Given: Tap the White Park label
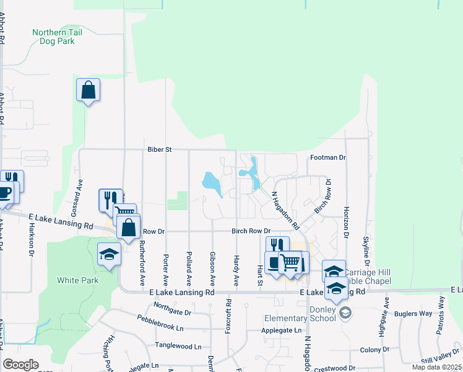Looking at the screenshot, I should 77,280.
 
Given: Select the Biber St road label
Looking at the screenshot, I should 159,149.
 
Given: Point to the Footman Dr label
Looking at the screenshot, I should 327,157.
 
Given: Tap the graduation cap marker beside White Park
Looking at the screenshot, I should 109,254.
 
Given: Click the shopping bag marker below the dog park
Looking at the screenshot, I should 88,90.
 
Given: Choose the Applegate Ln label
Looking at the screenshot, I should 281,331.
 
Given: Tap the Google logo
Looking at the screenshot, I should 20,364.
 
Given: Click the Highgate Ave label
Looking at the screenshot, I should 387,314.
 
